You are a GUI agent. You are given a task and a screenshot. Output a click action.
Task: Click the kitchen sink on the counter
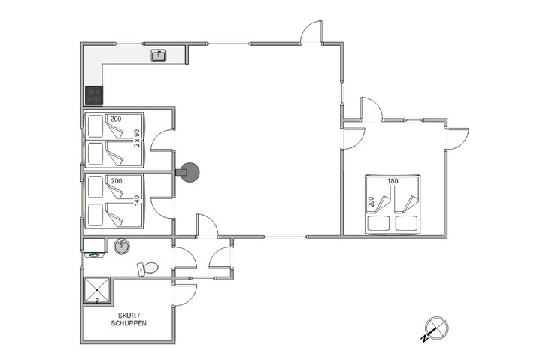159,56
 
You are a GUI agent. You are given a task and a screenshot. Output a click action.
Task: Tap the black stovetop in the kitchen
94,95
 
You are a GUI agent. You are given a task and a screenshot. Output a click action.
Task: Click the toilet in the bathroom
147,268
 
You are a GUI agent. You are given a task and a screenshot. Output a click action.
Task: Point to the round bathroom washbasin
122,246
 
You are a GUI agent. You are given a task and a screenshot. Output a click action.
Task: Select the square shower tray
97,290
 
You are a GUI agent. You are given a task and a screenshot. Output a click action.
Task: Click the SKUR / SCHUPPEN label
129,319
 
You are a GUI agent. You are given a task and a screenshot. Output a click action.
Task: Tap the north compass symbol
437,327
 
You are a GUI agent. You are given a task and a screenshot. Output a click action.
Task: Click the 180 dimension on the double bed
393,181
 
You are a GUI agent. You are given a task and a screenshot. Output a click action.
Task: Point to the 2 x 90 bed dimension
137,138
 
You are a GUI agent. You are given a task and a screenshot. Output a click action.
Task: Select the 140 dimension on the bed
137,201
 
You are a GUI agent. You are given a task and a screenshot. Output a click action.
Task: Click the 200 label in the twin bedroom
116,119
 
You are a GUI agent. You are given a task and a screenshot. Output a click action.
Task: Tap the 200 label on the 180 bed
371,201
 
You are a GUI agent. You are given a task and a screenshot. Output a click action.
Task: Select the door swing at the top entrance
311,32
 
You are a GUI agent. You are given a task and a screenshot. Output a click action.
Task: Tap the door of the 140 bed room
162,207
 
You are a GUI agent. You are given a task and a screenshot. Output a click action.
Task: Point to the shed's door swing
186,295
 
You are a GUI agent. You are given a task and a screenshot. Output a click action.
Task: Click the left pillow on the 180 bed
379,223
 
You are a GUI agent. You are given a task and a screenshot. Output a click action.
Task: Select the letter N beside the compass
425,339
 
